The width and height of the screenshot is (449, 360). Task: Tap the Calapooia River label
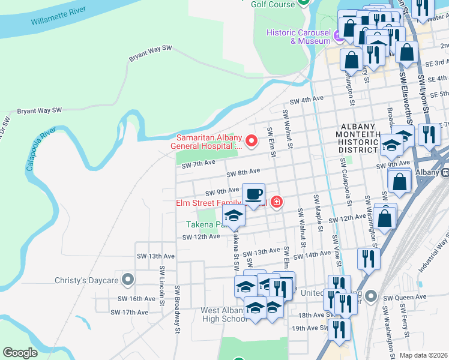pos(41,149)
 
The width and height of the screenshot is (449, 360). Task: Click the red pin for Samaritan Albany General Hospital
pos(252,141)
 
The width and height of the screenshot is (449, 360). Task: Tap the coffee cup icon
pos(253,194)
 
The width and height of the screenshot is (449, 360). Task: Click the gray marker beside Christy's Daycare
pos(127,280)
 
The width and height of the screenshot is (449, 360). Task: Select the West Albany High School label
pos(224,314)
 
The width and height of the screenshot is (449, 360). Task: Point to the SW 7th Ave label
pos(198,164)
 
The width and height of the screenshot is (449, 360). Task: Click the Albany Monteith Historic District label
pos(360,136)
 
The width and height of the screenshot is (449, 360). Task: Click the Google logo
pos(20,353)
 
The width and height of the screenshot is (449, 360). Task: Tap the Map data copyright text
pos(424,355)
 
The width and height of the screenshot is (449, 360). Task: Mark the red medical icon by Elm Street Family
pos(276,202)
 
